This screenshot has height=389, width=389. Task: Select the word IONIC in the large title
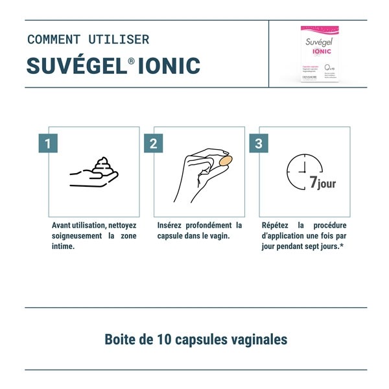tap(172, 65)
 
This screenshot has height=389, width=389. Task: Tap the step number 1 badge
tap(49, 143)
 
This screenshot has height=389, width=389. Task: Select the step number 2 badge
tap(154, 143)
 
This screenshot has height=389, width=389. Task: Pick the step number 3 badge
tap(259, 143)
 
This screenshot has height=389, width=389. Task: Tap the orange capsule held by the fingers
tap(226, 160)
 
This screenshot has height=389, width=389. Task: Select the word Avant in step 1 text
tap(64, 226)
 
